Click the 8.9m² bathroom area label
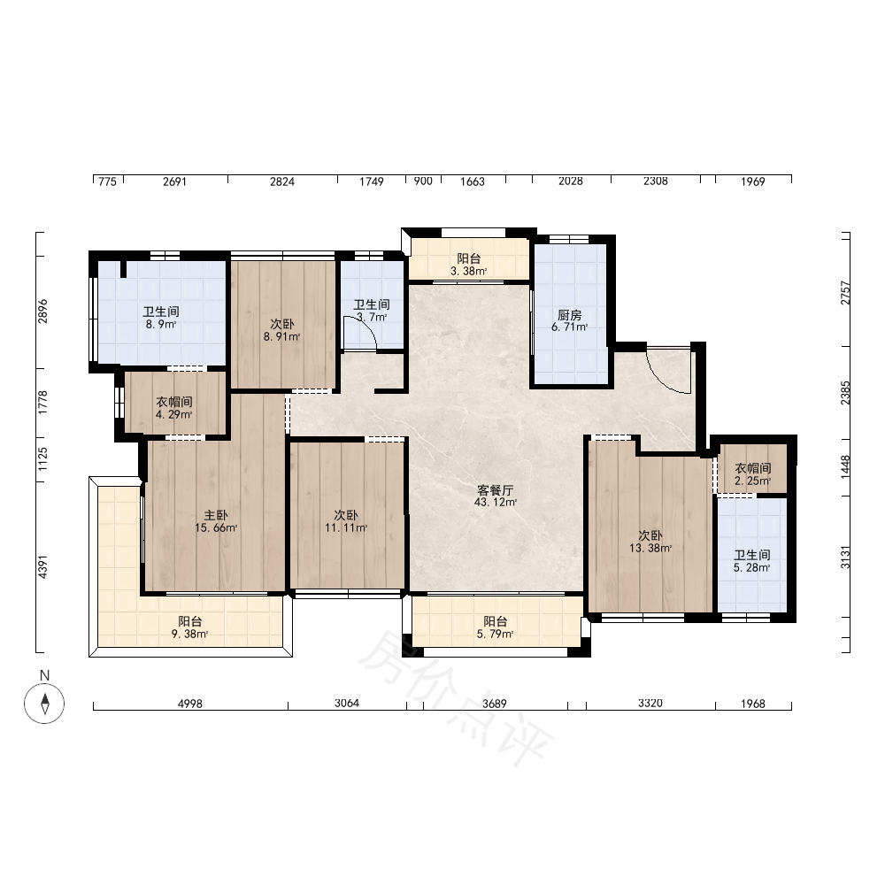161,325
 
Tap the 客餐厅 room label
495,490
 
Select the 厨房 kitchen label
569,314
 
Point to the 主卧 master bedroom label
216,515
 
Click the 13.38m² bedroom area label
650,548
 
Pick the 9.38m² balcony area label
190,634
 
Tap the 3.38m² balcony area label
468,271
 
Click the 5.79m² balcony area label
495,634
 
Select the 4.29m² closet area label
174,414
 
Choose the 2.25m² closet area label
753,481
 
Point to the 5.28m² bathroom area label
751,568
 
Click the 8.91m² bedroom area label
281,337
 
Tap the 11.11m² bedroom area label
346,527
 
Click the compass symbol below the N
44,704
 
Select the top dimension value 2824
282,181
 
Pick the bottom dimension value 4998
190,704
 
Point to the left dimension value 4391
42,566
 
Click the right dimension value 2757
845,293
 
